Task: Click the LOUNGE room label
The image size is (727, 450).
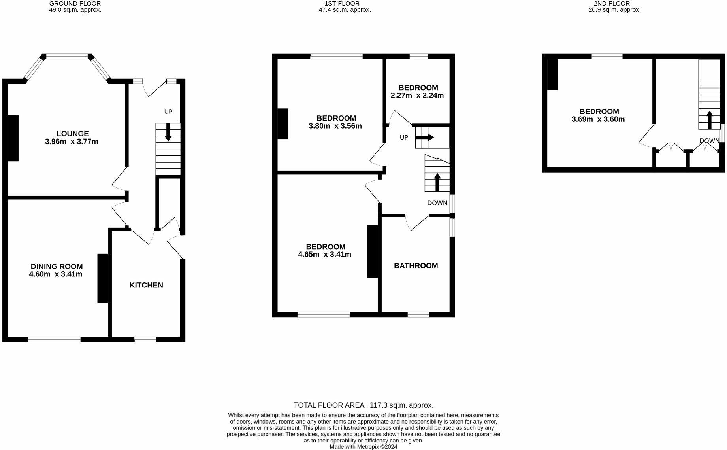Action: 72,134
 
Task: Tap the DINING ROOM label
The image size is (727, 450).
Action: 57,267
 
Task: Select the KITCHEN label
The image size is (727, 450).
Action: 146,285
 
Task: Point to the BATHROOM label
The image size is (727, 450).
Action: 416,266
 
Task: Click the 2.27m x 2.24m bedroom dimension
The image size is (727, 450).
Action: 417,95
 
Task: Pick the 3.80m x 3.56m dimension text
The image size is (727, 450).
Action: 335,126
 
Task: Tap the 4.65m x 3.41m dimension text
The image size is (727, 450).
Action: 324,255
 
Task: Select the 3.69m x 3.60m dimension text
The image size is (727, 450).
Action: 598,119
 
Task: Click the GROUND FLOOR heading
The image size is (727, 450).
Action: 75,3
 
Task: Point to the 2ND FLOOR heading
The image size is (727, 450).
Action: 614,3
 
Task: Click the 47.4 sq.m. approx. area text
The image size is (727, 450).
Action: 345,10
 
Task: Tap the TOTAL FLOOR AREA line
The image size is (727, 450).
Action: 363,405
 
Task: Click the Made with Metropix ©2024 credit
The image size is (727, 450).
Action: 363,447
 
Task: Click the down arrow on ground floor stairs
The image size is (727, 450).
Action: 168,132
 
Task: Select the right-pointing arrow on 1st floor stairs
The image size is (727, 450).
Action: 424,138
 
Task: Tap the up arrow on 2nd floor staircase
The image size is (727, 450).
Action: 709,120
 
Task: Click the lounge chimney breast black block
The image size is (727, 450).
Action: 13,138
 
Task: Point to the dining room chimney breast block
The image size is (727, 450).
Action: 103,278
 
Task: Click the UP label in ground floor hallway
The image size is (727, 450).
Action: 168,112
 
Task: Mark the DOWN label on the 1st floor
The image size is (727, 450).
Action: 437,203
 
